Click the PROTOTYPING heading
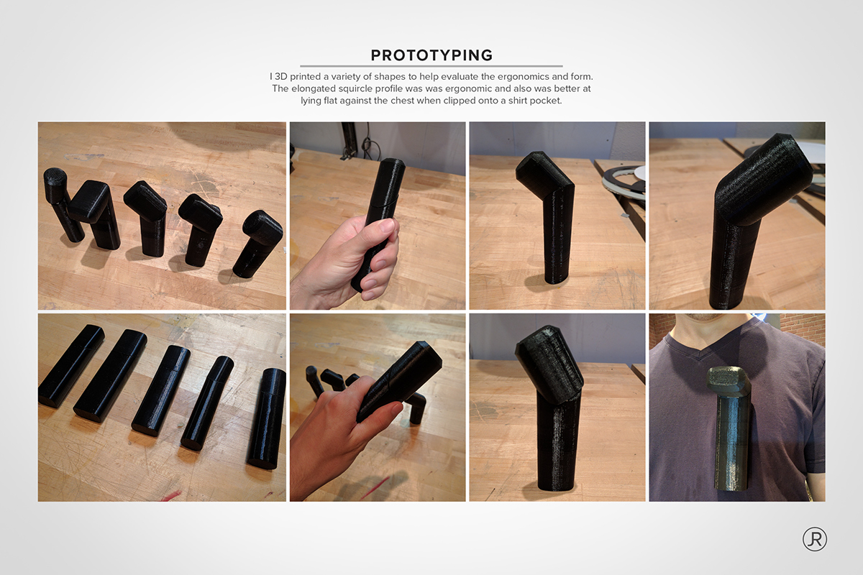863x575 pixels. (431, 55)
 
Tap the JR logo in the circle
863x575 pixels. (814, 540)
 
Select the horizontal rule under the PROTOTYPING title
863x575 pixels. (431, 66)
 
